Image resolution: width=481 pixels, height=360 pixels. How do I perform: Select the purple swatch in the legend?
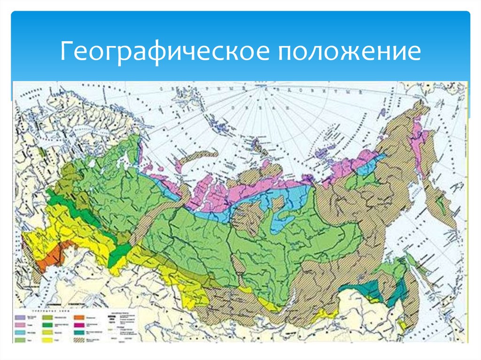[20, 318]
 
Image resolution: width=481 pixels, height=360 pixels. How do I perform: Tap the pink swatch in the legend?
[20, 325]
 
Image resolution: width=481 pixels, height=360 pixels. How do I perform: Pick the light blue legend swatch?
[20, 332]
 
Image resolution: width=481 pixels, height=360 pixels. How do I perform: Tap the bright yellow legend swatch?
[47, 340]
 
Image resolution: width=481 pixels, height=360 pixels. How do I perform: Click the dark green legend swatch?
[47, 325]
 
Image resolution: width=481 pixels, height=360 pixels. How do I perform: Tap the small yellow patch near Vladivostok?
[402, 324]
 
